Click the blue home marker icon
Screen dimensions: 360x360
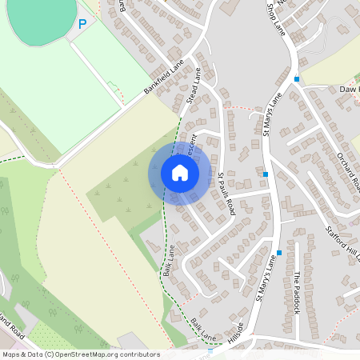(x=179, y=173)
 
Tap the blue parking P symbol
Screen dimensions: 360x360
(x=82, y=25)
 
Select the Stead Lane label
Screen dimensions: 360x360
(x=193, y=86)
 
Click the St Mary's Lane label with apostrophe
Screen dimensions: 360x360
(x=266, y=282)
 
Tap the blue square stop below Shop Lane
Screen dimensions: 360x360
(x=297, y=78)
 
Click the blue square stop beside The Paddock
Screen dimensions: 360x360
(x=279, y=253)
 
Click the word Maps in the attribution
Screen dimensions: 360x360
(x=11, y=354)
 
